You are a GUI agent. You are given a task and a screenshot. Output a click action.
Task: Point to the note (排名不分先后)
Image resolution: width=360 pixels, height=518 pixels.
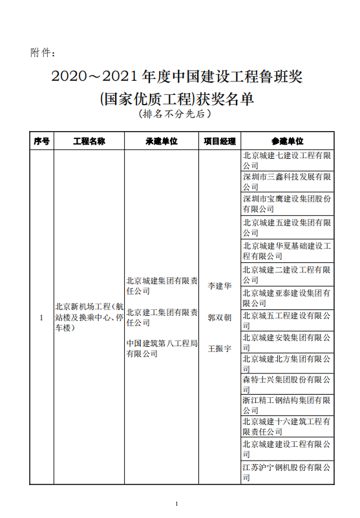coord(175,114)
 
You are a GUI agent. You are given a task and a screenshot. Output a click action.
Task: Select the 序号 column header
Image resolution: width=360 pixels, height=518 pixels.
coord(41,140)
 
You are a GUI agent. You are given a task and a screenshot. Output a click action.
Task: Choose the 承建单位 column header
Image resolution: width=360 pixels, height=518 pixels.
coord(162,140)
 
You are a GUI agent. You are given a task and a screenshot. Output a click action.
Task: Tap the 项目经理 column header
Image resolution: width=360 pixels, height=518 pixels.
coord(219,140)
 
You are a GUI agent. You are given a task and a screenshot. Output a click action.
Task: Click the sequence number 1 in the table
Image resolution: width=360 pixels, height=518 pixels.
coord(41,317)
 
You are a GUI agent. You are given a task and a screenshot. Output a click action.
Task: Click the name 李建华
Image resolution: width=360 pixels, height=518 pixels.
coord(219,285)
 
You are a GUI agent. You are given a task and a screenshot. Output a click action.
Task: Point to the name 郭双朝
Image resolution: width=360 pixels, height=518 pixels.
coord(219,318)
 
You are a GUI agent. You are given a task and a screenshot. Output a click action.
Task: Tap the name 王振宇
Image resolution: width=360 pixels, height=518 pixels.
coord(219,348)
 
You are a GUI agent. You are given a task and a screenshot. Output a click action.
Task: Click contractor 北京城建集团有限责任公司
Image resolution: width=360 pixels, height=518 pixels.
coord(162,285)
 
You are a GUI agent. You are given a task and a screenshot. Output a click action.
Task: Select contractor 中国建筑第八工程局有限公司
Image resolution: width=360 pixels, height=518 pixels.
coord(162,348)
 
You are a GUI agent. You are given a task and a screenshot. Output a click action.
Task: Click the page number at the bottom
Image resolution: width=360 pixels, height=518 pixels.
coord(176,503)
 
